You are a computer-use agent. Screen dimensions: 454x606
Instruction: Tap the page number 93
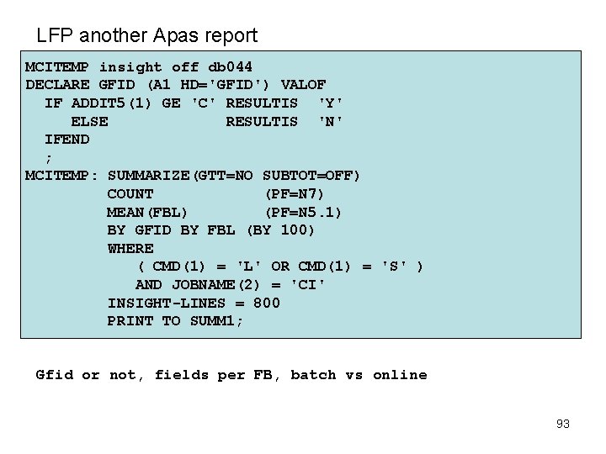point(563,424)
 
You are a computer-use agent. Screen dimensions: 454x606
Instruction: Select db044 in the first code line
point(230,66)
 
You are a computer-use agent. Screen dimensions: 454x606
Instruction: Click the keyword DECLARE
point(57,85)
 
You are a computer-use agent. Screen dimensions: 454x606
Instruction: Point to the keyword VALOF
point(303,85)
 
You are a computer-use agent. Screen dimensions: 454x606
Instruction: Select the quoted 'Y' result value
point(330,103)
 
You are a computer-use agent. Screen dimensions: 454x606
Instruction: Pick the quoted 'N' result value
point(330,121)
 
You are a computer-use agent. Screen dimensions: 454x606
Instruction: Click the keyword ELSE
point(89,121)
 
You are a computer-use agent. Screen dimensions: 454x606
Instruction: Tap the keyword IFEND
point(66,140)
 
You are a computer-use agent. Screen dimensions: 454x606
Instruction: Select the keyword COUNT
point(130,194)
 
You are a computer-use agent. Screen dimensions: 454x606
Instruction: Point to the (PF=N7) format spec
point(294,194)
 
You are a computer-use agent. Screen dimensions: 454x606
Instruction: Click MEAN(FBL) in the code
point(148,212)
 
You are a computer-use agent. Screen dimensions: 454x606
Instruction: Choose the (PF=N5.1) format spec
point(303,212)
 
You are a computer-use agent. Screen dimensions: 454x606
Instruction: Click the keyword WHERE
point(130,249)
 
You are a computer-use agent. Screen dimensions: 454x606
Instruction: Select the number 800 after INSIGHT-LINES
point(266,304)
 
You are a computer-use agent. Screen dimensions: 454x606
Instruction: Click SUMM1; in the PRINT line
point(216,321)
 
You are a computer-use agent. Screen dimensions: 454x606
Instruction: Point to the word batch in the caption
point(312,375)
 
